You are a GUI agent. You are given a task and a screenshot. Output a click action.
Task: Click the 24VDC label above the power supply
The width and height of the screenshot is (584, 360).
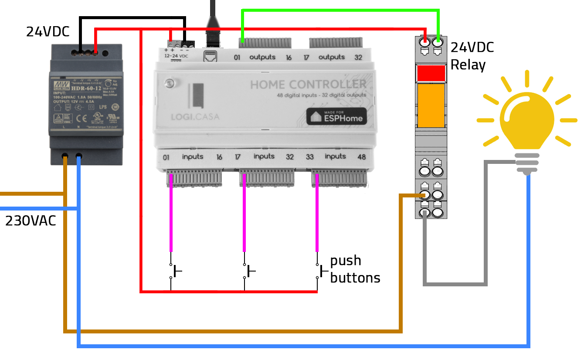pyautogui.click(x=47, y=32)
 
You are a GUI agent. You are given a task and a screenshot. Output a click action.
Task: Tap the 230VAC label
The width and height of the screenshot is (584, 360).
pyautogui.click(x=31, y=221)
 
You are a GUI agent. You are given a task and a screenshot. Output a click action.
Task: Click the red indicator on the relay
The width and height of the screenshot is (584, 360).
pyautogui.click(x=431, y=73)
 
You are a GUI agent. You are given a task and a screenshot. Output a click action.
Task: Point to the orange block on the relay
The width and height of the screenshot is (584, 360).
pyautogui.click(x=431, y=105)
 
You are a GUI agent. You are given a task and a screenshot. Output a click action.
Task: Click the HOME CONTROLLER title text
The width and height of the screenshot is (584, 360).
pyautogui.click(x=308, y=84)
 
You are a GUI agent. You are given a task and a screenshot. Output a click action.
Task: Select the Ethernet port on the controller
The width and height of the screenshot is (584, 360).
pyautogui.click(x=212, y=56)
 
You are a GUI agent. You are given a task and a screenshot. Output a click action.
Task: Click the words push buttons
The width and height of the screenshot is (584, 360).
pyautogui.click(x=355, y=269)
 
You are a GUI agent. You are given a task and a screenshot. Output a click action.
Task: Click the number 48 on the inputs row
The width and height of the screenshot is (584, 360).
pyautogui.click(x=361, y=157)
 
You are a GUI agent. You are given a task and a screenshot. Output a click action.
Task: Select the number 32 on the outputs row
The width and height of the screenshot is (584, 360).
pyautogui.click(x=358, y=57)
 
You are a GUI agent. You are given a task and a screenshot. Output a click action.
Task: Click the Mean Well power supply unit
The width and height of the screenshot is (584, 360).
pyautogui.click(x=85, y=105)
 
